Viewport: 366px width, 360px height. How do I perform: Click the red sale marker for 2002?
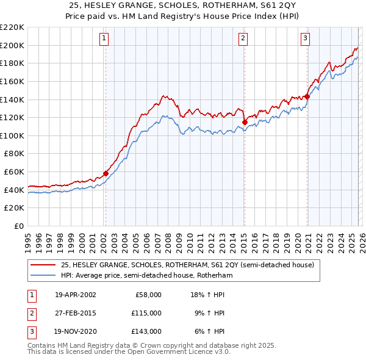tap(106, 173)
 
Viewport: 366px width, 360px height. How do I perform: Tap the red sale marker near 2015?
tap(245, 122)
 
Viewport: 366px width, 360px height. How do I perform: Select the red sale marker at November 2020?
tap(307, 96)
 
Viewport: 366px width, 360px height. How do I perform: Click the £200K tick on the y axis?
tap(12, 45)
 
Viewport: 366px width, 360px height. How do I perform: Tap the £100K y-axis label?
tap(12, 135)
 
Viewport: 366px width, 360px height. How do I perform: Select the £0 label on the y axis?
tap(18, 226)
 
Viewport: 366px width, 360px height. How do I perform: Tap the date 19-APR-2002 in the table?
tap(75, 295)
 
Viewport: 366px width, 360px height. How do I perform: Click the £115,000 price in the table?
tap(146, 313)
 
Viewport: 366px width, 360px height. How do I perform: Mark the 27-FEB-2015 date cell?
tap(75, 313)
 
